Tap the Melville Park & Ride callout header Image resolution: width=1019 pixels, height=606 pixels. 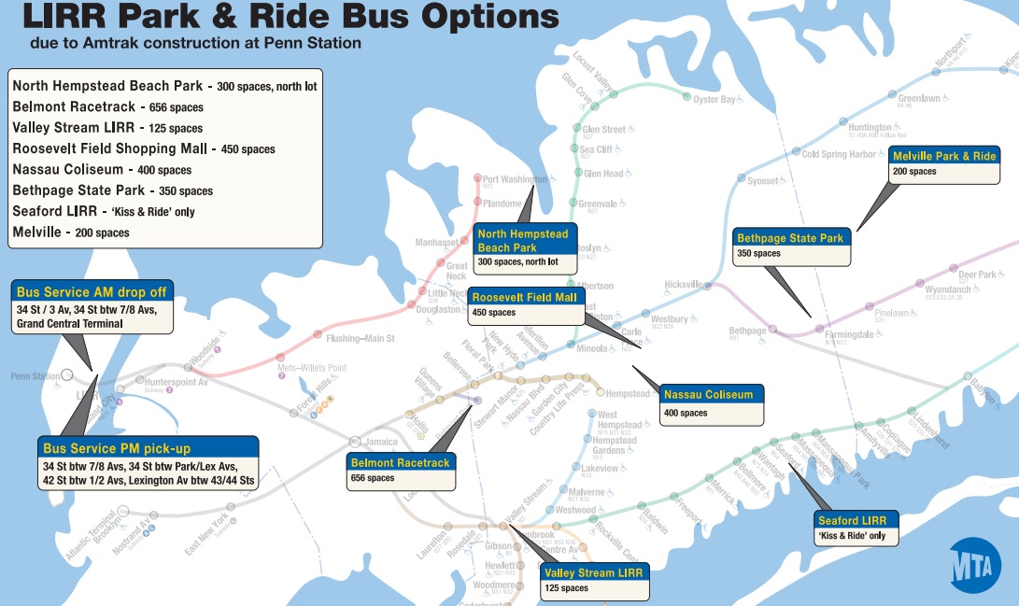[x=944, y=156]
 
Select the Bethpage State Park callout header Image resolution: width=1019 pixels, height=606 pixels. [x=790, y=238]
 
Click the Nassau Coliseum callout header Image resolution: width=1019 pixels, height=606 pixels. [x=708, y=395]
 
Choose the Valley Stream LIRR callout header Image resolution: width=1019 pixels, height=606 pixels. [x=592, y=572]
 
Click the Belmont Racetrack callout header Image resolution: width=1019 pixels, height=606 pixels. [x=400, y=462]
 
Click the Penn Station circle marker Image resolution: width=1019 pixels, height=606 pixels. [x=67, y=375]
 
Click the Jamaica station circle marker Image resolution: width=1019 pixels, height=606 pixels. [x=355, y=442]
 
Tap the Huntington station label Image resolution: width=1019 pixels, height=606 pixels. [x=870, y=128]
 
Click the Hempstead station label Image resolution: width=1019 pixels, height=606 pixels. [x=628, y=394]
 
